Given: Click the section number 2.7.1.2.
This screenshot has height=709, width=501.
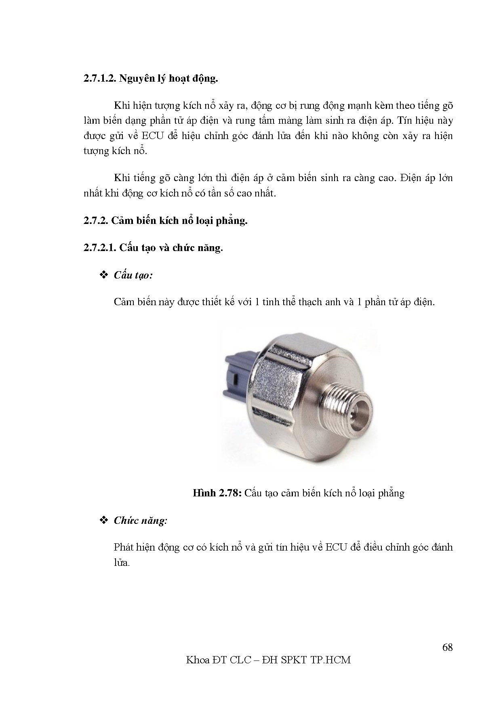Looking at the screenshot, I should pos(100,78).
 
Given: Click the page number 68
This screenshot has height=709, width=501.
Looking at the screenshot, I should pos(447,647).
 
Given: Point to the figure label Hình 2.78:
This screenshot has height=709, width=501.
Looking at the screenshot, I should pos(217,493).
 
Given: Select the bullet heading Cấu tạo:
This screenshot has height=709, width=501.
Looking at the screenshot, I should pos(133,275).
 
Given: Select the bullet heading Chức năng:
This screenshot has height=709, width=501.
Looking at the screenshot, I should pos(140,520).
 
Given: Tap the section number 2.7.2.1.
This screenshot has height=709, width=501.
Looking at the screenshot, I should pos(100,248).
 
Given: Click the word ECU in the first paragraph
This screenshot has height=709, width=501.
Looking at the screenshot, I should pos(153,136).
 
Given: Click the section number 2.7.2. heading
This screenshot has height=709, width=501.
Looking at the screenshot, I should pos(96,221).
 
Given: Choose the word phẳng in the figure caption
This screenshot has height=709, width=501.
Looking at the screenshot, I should pos(391,493).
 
